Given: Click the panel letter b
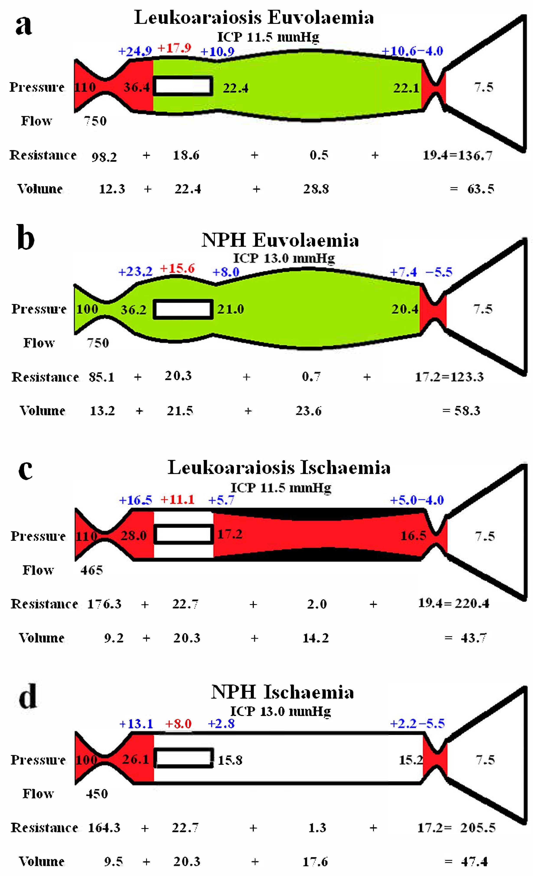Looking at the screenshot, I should point(26,237).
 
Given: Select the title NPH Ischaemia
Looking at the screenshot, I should point(282,692).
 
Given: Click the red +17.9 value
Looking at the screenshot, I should point(174,48).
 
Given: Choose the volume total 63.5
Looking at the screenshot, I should point(480,189).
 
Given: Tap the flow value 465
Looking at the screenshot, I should point(91,570).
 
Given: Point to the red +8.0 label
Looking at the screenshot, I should point(178,724).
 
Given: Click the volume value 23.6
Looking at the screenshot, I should point(308,411).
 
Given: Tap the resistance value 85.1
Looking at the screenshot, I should point(102,377).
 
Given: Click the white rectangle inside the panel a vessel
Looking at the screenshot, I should point(183,86).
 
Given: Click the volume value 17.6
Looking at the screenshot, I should point(315,861).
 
